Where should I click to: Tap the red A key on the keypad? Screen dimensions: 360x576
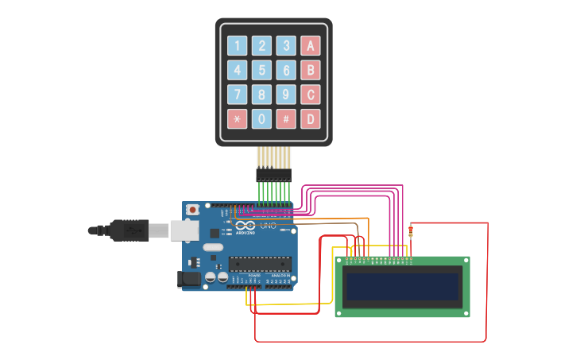[x=310, y=45]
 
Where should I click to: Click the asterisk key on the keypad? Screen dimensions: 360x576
[x=237, y=119]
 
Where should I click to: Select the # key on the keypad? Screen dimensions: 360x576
[x=286, y=119]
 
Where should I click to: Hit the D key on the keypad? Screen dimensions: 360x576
[x=310, y=119]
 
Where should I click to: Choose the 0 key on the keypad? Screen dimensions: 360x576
[x=261, y=119]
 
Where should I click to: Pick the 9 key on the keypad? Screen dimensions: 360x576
[x=286, y=95]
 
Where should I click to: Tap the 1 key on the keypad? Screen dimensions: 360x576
[x=237, y=45]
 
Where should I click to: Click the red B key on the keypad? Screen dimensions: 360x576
[x=310, y=70]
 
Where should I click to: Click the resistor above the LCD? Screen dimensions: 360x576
[x=411, y=231]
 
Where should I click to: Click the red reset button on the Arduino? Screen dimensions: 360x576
[x=192, y=210]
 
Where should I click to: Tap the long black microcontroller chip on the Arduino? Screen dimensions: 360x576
[x=259, y=263]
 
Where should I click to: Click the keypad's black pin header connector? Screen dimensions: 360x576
[x=273, y=175]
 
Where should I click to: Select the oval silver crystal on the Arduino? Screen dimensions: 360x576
[x=213, y=247]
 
